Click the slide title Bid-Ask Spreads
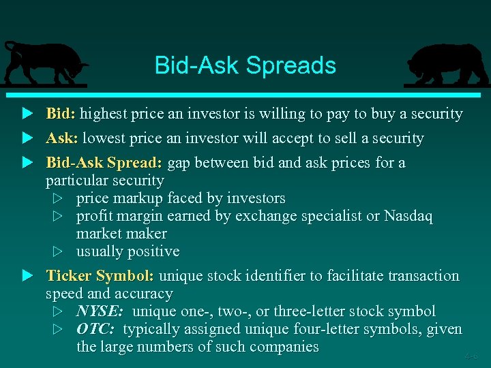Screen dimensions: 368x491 (x=245, y=65)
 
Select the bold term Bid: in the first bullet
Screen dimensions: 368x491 (x=61, y=114)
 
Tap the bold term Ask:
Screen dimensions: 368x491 (x=61, y=138)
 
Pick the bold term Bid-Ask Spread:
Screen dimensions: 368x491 (x=104, y=163)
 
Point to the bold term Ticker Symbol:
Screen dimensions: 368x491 (x=100, y=276)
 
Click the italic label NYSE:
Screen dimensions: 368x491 (x=100, y=311)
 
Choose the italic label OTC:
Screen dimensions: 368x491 (x=95, y=329)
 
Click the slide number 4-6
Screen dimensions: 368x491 (x=471, y=356)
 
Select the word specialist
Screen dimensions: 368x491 (x=329, y=216)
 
